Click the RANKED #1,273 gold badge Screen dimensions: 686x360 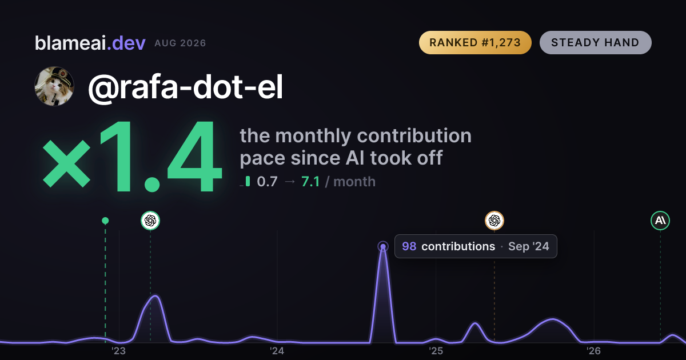tap(475, 42)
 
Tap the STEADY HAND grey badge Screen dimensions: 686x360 tap(595, 42)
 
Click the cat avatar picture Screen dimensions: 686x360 tap(54, 86)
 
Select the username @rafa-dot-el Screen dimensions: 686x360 tap(185, 87)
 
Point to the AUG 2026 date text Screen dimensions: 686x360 tap(180, 43)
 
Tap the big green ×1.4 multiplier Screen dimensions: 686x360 tap(132, 156)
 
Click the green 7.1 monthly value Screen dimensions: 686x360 tap(310, 182)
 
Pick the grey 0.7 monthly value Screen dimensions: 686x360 tap(267, 182)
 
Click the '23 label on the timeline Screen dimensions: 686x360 tap(118, 351)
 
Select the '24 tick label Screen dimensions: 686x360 tap(277, 351)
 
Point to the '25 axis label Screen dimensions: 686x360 tap(436, 351)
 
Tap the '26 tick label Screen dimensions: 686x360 tap(593, 351)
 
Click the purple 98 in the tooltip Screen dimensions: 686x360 tap(409, 246)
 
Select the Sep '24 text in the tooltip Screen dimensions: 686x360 tap(529, 246)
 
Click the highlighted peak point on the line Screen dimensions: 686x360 tap(383, 246)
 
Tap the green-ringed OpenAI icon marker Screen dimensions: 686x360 tap(150, 221)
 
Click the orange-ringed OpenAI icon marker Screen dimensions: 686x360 tap(494, 221)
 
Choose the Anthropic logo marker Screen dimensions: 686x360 tap(660, 221)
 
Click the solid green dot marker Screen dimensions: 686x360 tap(105, 221)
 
